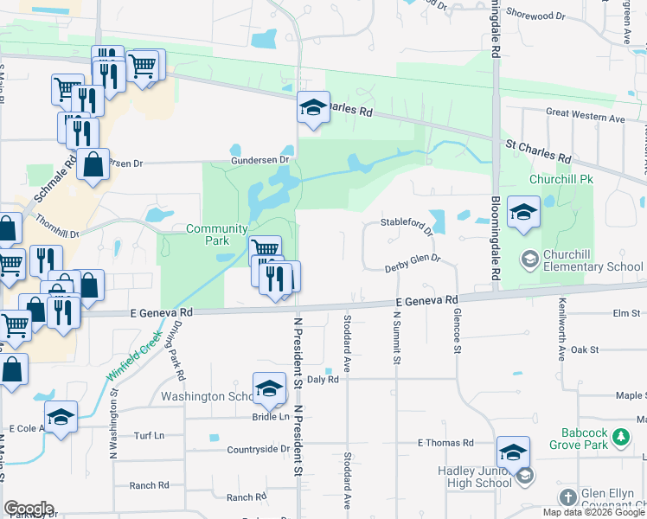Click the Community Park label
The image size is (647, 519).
(208, 234)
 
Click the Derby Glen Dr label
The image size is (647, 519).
(413, 263)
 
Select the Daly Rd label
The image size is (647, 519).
(321, 379)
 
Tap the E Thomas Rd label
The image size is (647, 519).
(445, 443)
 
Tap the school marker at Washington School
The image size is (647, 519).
(269, 388)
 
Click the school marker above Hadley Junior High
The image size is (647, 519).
(512, 452)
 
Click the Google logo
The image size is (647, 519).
(29, 509)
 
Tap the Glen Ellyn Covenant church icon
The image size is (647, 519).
(567, 497)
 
